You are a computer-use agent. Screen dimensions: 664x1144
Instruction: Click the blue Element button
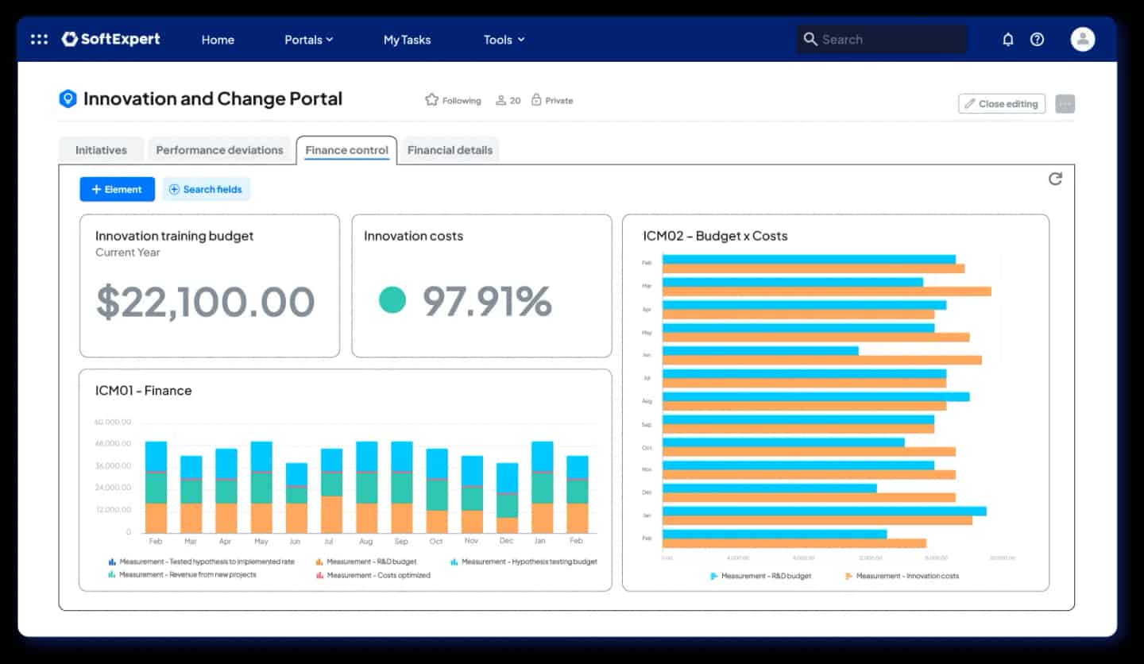tap(117, 189)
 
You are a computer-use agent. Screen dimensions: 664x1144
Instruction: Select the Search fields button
tap(207, 189)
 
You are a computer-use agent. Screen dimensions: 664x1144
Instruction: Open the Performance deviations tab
tap(219, 149)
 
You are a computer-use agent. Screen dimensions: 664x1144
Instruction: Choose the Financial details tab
tap(450, 149)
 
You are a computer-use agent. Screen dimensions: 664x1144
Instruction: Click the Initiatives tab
tap(101, 149)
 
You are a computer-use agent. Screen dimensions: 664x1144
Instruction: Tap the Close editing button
tap(1001, 103)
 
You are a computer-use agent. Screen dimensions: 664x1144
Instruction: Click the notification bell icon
tap(1007, 39)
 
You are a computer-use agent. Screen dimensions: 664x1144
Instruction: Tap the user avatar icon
tap(1082, 39)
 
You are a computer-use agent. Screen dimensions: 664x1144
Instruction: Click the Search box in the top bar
tap(882, 39)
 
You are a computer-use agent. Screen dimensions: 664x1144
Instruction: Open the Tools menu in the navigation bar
tap(504, 40)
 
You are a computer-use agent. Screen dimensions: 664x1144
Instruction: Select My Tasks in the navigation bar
tap(407, 40)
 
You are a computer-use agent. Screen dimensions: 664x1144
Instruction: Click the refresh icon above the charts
tap(1055, 179)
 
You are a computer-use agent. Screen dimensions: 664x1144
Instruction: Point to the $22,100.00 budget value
tap(206, 302)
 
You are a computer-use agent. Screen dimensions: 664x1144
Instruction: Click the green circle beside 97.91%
tap(392, 300)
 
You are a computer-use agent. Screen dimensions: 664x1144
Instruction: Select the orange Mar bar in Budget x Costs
tap(826, 291)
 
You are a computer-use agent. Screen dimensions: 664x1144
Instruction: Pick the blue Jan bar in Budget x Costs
tap(824, 512)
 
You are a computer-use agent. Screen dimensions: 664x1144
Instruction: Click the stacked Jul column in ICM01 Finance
tap(331, 491)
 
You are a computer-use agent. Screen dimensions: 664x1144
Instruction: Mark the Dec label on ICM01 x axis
tap(506, 541)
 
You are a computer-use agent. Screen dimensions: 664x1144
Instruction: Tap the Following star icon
tap(431, 100)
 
